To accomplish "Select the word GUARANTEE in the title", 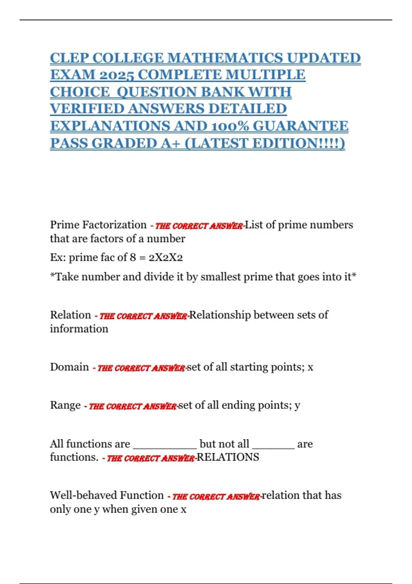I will coord(300,126).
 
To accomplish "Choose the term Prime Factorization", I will coord(98,225).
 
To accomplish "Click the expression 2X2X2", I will coord(165,257).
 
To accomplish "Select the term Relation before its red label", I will coord(70,315).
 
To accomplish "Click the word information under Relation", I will coord(79,329).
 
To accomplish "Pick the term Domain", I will coord(69,367).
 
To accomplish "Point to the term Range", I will coord(65,405).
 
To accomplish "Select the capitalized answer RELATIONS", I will coord(228,457).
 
